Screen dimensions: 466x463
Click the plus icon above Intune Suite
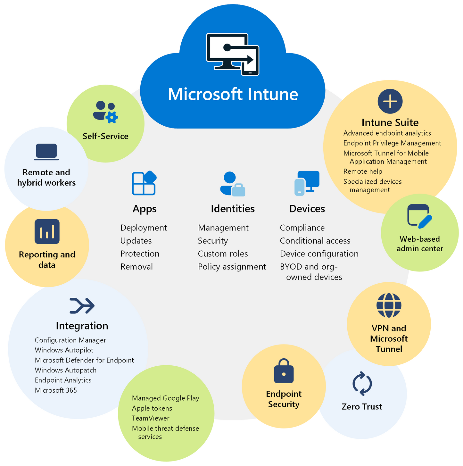pos(390,101)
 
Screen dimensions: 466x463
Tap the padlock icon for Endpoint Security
pos(284,371)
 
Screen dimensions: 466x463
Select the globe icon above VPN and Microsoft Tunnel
pos(389,305)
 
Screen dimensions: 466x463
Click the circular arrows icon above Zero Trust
pos(362,383)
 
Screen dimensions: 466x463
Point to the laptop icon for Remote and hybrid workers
pos(46,152)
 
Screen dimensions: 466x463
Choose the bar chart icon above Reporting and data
pos(47,231)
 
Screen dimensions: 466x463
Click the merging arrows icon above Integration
pos(82,305)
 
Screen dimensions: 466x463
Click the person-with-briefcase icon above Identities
pos(233,184)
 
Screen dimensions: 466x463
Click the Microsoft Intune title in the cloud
pos(233,94)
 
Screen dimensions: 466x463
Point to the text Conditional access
pos(315,241)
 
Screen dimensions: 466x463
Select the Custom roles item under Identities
pos(223,254)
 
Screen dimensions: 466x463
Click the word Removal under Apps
pos(136,267)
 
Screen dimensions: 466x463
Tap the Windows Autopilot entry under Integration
pos(64,350)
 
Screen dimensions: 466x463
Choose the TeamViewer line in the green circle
pos(151,418)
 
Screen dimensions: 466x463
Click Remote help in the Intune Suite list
pos(363,171)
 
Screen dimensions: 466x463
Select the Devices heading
pos(307,209)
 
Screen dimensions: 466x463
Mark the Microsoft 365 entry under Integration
pos(56,390)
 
